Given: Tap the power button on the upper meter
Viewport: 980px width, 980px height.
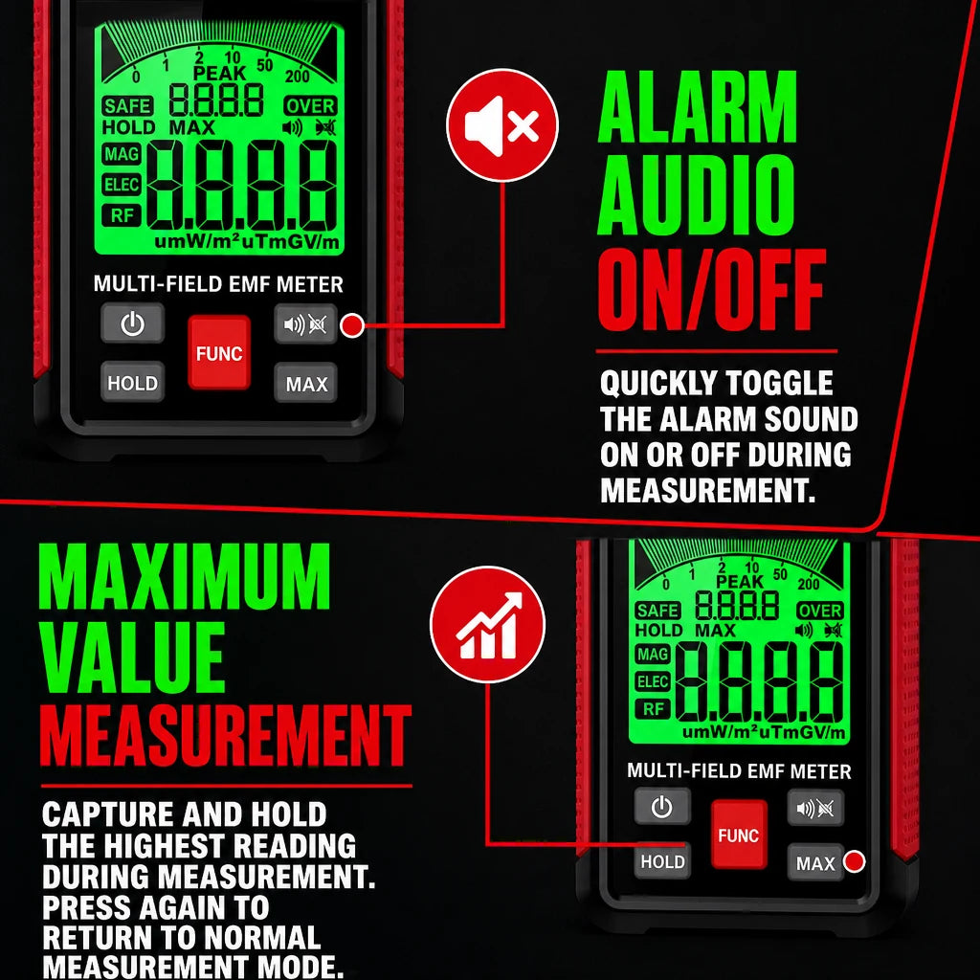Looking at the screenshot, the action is click(x=132, y=323).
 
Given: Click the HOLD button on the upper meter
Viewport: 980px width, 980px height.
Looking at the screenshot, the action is click(x=132, y=382).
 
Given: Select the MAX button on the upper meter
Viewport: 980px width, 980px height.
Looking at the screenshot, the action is click(x=305, y=383).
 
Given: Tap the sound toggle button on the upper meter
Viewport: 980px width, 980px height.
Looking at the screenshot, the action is click(x=305, y=323).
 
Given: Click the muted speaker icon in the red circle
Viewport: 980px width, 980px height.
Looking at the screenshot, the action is click(x=501, y=125).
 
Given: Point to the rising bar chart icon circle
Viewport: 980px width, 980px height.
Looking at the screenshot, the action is click(x=487, y=624).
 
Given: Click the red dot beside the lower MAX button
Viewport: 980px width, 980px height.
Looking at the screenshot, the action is click(x=855, y=861).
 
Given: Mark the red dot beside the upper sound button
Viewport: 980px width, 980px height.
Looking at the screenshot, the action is click(x=352, y=325).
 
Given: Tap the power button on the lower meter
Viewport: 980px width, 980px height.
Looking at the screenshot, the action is click(x=662, y=806).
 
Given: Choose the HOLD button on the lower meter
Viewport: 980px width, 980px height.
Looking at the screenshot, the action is click(x=662, y=861).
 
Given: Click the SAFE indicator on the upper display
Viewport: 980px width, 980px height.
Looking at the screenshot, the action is click(x=127, y=106).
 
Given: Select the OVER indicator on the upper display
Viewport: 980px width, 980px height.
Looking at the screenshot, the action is click(x=310, y=106).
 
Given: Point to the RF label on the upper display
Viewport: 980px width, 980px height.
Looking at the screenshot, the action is click(x=122, y=215).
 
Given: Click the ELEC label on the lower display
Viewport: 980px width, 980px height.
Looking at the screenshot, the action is click(x=653, y=681).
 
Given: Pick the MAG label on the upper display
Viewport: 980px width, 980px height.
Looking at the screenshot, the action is click(x=122, y=154).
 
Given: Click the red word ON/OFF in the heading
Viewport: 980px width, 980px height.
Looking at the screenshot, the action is click(x=712, y=289).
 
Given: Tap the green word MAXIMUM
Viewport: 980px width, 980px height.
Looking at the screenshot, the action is click(x=184, y=576).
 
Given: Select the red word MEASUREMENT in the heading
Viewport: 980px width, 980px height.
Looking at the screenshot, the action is click(x=226, y=736).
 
